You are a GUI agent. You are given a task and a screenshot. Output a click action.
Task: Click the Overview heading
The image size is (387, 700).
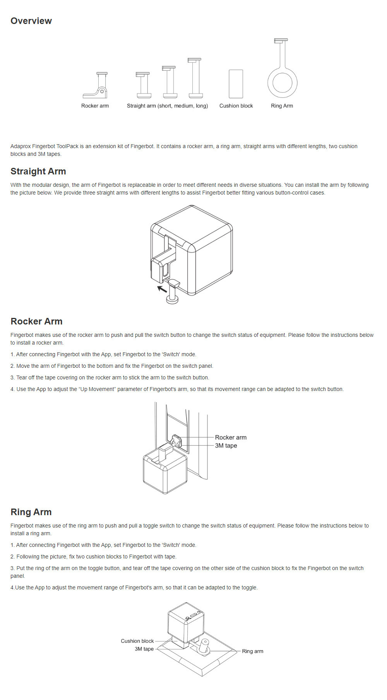31,21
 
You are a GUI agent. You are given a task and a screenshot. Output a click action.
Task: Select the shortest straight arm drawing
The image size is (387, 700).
143,85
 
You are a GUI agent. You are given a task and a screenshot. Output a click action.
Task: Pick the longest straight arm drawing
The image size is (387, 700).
195,78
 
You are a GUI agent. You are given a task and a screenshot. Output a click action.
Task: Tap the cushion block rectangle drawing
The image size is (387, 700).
236,84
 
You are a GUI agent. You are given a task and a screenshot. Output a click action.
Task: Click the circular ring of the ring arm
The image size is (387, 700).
283,83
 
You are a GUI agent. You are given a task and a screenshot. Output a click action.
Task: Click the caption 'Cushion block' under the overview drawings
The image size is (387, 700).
236,106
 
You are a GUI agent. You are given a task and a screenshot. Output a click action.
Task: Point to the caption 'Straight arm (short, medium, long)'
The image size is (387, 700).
167,106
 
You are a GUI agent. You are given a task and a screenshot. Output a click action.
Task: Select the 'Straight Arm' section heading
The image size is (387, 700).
38,171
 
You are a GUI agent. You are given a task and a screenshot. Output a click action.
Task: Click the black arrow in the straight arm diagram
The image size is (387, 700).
162,289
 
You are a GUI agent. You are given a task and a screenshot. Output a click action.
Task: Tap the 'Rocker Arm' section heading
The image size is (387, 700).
36,321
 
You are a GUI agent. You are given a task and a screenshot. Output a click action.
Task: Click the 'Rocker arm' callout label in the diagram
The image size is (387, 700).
231,437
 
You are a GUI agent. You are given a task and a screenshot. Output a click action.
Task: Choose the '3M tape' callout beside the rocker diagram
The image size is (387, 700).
226,446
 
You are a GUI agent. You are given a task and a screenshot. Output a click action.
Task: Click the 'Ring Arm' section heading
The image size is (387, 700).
31,512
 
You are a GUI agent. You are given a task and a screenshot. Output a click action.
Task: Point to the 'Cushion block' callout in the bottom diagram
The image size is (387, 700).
137,641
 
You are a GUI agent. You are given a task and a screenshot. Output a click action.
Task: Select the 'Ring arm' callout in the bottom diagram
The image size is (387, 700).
252,651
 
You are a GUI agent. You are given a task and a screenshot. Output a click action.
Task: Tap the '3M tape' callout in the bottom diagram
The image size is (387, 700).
144,649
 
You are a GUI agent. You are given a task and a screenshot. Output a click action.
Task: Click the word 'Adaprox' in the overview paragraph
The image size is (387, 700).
21,146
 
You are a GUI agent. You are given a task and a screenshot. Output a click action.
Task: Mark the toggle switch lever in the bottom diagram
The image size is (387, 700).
204,645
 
